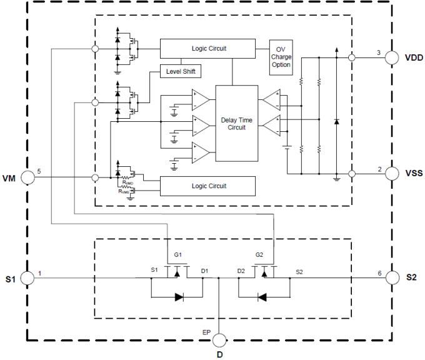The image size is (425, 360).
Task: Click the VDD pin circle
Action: pos(392,57)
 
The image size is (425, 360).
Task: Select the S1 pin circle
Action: pos(27,278)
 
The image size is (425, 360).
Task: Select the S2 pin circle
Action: pos(392,277)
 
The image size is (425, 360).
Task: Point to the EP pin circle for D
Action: pos(219,340)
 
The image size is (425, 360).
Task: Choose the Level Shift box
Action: pos(181,71)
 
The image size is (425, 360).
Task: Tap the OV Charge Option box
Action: pos(281,57)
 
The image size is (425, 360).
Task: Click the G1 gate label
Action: pos(177,256)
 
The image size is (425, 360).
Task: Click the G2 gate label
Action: pos(260,256)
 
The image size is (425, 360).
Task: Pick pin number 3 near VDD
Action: pos(378,52)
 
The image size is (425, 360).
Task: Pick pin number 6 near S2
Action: pos(379,273)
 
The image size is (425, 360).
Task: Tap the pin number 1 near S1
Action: pos(39,273)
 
